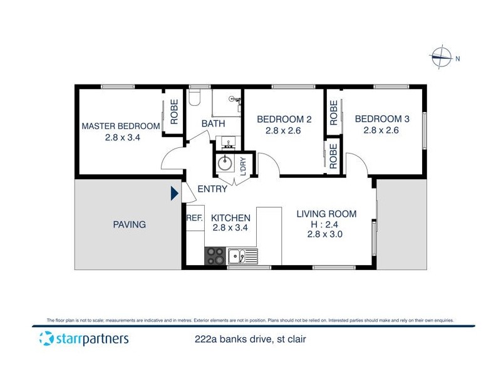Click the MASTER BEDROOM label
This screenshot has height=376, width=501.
(121, 126)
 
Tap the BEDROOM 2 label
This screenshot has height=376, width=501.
(284, 119)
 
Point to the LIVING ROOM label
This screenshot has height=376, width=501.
(326, 214)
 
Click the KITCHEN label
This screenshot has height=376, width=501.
(230, 217)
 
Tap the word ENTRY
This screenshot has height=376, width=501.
(212, 189)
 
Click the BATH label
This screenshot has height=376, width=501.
(213, 123)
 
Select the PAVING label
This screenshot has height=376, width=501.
(130, 224)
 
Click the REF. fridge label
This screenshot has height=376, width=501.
(194, 218)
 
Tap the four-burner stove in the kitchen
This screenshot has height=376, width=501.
(215, 256)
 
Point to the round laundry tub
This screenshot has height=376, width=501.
(225, 164)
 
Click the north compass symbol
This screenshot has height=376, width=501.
(442, 57)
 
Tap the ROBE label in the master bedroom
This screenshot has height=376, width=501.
(175, 111)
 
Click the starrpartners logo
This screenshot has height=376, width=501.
(84, 339)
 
